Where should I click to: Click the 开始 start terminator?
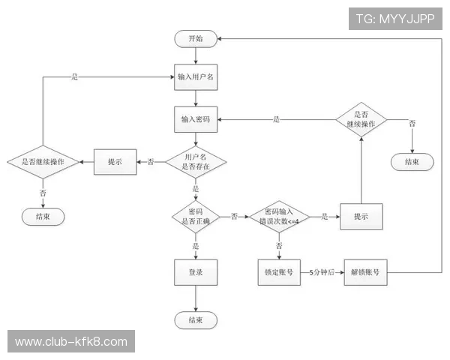pos(196,39)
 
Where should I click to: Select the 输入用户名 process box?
pos(196,77)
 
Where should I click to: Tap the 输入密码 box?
pos(196,119)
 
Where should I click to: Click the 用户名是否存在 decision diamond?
pos(196,162)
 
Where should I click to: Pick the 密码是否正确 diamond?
pos(196,217)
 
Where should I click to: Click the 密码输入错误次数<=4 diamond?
pos(279,217)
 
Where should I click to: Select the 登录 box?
pos(196,272)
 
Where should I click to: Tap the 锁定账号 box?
pos(279,272)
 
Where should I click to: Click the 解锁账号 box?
pos(366,272)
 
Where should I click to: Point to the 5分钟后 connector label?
pos(322,272)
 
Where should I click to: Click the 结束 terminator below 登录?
pos(196,320)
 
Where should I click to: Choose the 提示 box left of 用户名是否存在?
pos(115,162)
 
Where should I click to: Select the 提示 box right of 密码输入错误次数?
pos(361,217)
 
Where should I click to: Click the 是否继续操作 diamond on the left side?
pos(43,162)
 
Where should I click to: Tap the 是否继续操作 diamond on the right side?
pos(361,119)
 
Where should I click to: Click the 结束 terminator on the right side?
pos(412,162)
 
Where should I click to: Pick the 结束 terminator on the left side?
pos(43,217)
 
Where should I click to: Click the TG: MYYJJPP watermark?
pos(395,19)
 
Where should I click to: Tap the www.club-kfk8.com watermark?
pos(71,341)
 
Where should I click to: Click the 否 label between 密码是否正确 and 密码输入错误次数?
pos(235,217)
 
